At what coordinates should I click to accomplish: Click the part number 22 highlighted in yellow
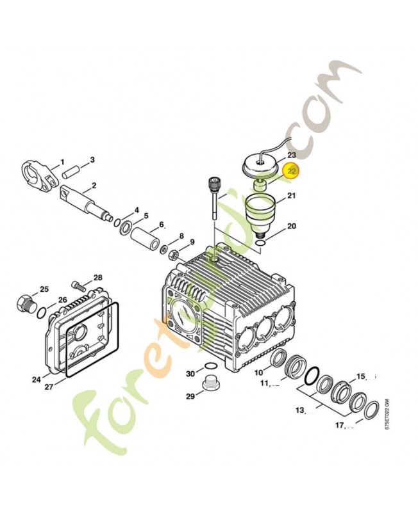coord(292,171)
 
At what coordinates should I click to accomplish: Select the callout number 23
coord(292,156)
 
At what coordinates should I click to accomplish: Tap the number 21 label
coord(292,195)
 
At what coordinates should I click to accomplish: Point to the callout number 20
coord(292,227)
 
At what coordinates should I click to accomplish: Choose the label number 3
coord(92,159)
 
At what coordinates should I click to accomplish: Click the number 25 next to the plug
coord(44,289)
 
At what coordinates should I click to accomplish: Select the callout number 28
coord(97,278)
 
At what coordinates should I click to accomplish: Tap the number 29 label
coord(190,397)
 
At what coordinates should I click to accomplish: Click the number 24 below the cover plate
coord(37,380)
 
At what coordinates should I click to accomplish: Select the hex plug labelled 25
coord(25,303)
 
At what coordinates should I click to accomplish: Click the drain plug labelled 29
coord(208,386)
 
